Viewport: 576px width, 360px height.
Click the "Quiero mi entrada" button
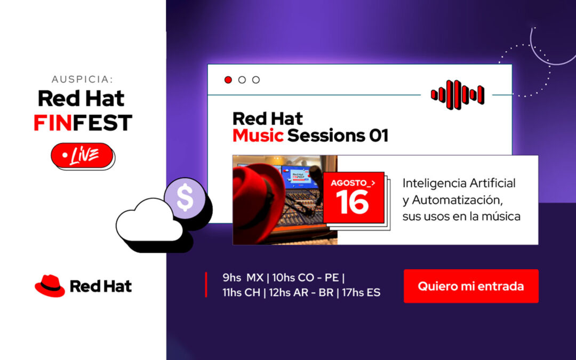point(471,286)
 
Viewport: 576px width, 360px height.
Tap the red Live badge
point(83,156)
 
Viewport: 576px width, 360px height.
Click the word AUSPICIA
point(82,79)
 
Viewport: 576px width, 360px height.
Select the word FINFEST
point(83,123)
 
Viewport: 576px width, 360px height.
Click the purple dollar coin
point(185,198)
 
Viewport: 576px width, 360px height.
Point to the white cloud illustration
point(150,225)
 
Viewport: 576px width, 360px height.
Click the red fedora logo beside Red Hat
point(50,286)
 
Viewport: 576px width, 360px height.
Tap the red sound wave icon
point(458,95)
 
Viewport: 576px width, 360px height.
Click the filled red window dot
point(228,80)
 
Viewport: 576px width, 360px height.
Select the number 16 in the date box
point(352,202)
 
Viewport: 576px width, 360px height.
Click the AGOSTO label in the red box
point(350,183)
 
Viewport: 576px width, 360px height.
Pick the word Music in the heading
point(258,135)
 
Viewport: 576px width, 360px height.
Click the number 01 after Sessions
point(378,135)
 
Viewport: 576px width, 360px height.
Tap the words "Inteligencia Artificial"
point(459,183)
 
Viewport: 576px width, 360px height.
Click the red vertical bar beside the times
point(206,285)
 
